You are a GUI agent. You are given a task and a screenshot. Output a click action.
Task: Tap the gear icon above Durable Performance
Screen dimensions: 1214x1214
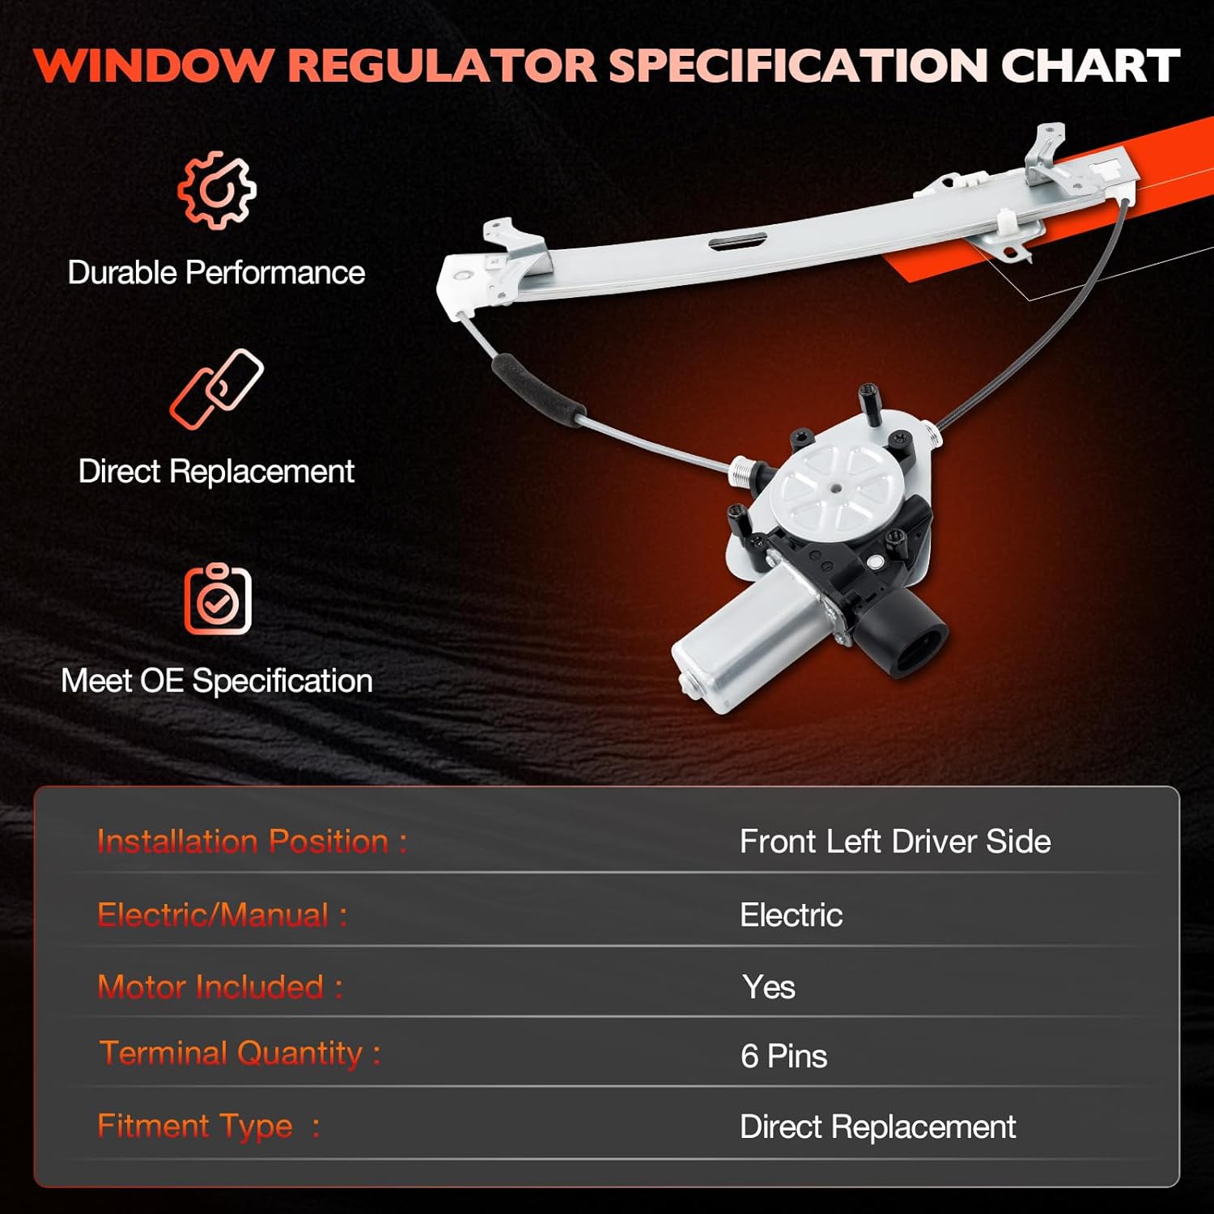[x=217, y=190]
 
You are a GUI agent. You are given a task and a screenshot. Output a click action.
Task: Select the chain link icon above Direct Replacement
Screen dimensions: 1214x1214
[x=217, y=388]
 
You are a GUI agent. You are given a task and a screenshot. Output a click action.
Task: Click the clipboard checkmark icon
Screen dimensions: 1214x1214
[x=218, y=600]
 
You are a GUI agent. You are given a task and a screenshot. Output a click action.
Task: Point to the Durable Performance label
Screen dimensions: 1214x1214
[x=216, y=273]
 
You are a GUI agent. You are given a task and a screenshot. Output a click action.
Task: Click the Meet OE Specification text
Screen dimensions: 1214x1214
[x=217, y=681]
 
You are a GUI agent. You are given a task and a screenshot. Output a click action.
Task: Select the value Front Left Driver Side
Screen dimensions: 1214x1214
[x=895, y=842]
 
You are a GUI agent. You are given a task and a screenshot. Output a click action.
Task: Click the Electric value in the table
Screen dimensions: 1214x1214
[x=791, y=915]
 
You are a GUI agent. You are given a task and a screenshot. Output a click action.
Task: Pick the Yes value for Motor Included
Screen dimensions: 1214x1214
[x=768, y=987]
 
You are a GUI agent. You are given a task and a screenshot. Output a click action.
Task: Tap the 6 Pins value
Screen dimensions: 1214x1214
[x=783, y=1056]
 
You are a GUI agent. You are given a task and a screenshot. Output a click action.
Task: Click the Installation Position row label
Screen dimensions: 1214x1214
[x=252, y=842]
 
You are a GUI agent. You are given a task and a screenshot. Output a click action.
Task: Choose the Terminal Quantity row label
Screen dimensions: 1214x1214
[x=240, y=1053]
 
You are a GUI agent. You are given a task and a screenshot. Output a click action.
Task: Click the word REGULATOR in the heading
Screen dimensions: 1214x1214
[x=443, y=66]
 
